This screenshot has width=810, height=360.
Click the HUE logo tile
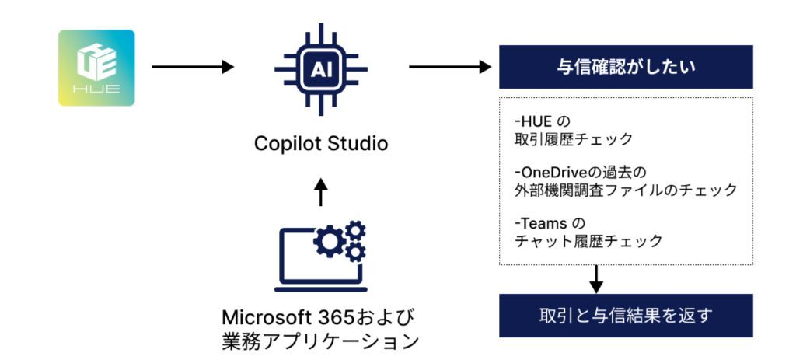click(x=96, y=68)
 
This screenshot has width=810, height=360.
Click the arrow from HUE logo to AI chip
click(x=192, y=67)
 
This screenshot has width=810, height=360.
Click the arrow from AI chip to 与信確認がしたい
click(x=450, y=67)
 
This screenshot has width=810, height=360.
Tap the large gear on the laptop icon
click(x=330, y=243)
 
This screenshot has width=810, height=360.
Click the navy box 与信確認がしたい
click(x=625, y=67)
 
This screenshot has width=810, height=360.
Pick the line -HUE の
click(x=543, y=123)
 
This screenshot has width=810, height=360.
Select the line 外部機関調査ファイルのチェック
click(x=626, y=190)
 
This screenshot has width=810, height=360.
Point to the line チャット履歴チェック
click(x=589, y=241)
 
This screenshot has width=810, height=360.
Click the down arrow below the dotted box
click(x=596, y=279)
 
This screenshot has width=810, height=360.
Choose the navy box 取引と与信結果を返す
click(x=625, y=316)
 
